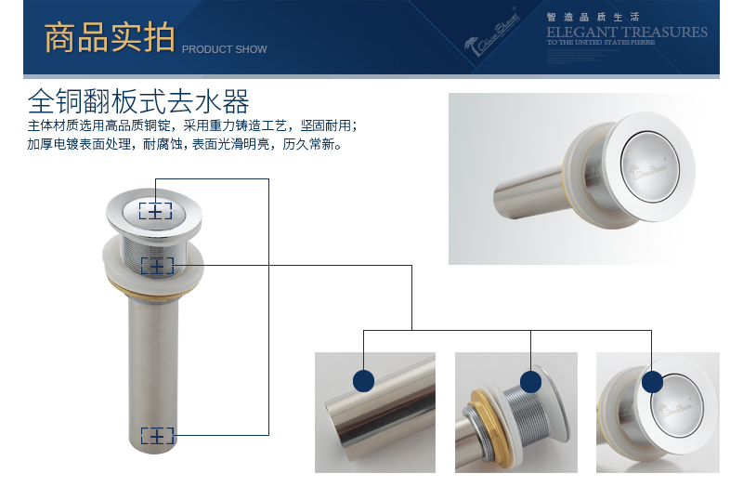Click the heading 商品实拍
(x=109, y=39)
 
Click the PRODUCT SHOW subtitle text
(x=224, y=49)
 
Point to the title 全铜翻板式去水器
(x=138, y=100)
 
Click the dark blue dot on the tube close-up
(x=363, y=380)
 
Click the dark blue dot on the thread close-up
(x=530, y=381)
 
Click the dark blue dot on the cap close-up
(x=653, y=381)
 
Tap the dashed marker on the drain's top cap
(x=155, y=211)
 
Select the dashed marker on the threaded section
(x=156, y=266)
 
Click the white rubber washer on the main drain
(x=154, y=280)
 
